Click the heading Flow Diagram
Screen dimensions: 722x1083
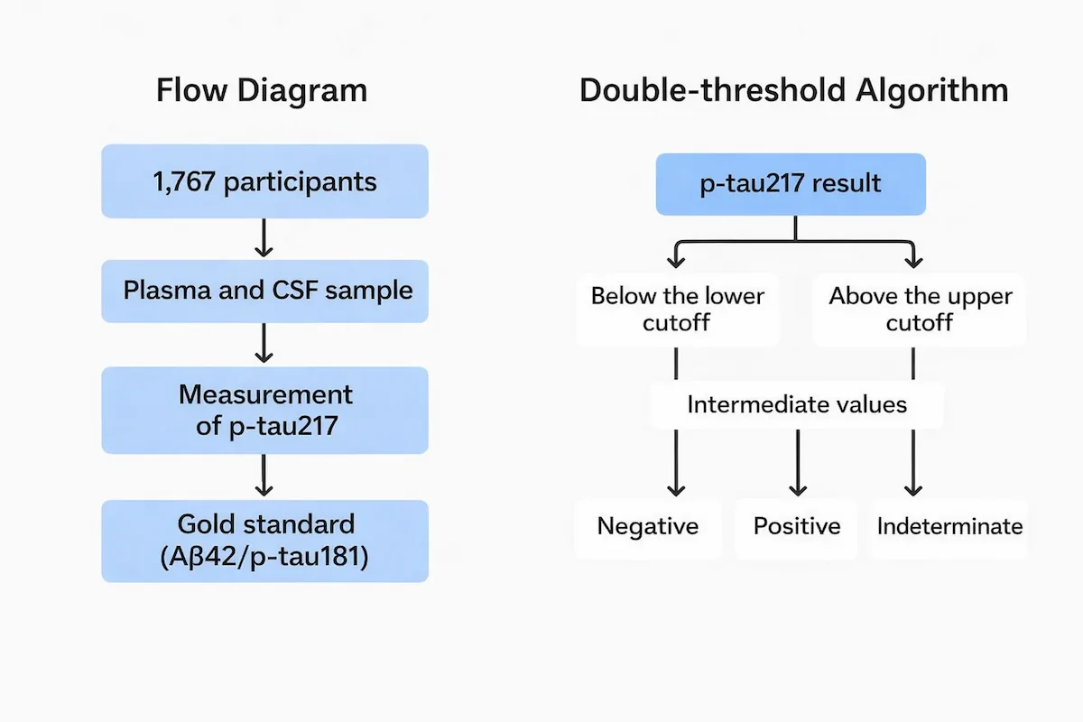click(x=262, y=91)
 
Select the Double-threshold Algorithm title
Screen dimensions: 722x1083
click(x=794, y=91)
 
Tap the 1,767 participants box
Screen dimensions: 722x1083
click(x=264, y=181)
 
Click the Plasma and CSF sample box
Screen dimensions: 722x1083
click(x=264, y=291)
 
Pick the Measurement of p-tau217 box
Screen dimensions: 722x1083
click(x=264, y=409)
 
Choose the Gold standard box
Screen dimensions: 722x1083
click(x=264, y=541)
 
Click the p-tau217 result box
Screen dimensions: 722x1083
click(x=791, y=184)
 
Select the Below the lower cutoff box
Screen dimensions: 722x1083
click(x=677, y=310)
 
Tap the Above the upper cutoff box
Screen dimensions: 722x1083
click(x=919, y=310)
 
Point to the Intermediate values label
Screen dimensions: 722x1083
click(x=797, y=403)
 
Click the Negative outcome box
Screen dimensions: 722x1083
click(x=648, y=526)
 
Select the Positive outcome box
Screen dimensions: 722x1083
click(x=797, y=526)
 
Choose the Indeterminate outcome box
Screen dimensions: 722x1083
click(x=949, y=526)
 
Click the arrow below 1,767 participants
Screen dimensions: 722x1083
click(x=264, y=238)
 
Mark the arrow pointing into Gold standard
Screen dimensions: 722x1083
click(x=264, y=476)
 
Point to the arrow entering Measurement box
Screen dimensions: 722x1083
click(x=264, y=344)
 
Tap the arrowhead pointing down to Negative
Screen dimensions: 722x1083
click(x=676, y=488)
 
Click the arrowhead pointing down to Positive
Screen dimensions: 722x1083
click(x=797, y=488)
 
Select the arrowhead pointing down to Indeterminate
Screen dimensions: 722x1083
click(x=913, y=488)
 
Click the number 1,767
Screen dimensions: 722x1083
click(x=185, y=181)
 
